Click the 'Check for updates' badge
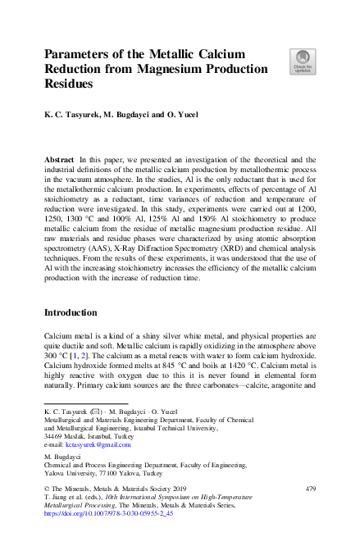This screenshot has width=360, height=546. coord(301,61)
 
